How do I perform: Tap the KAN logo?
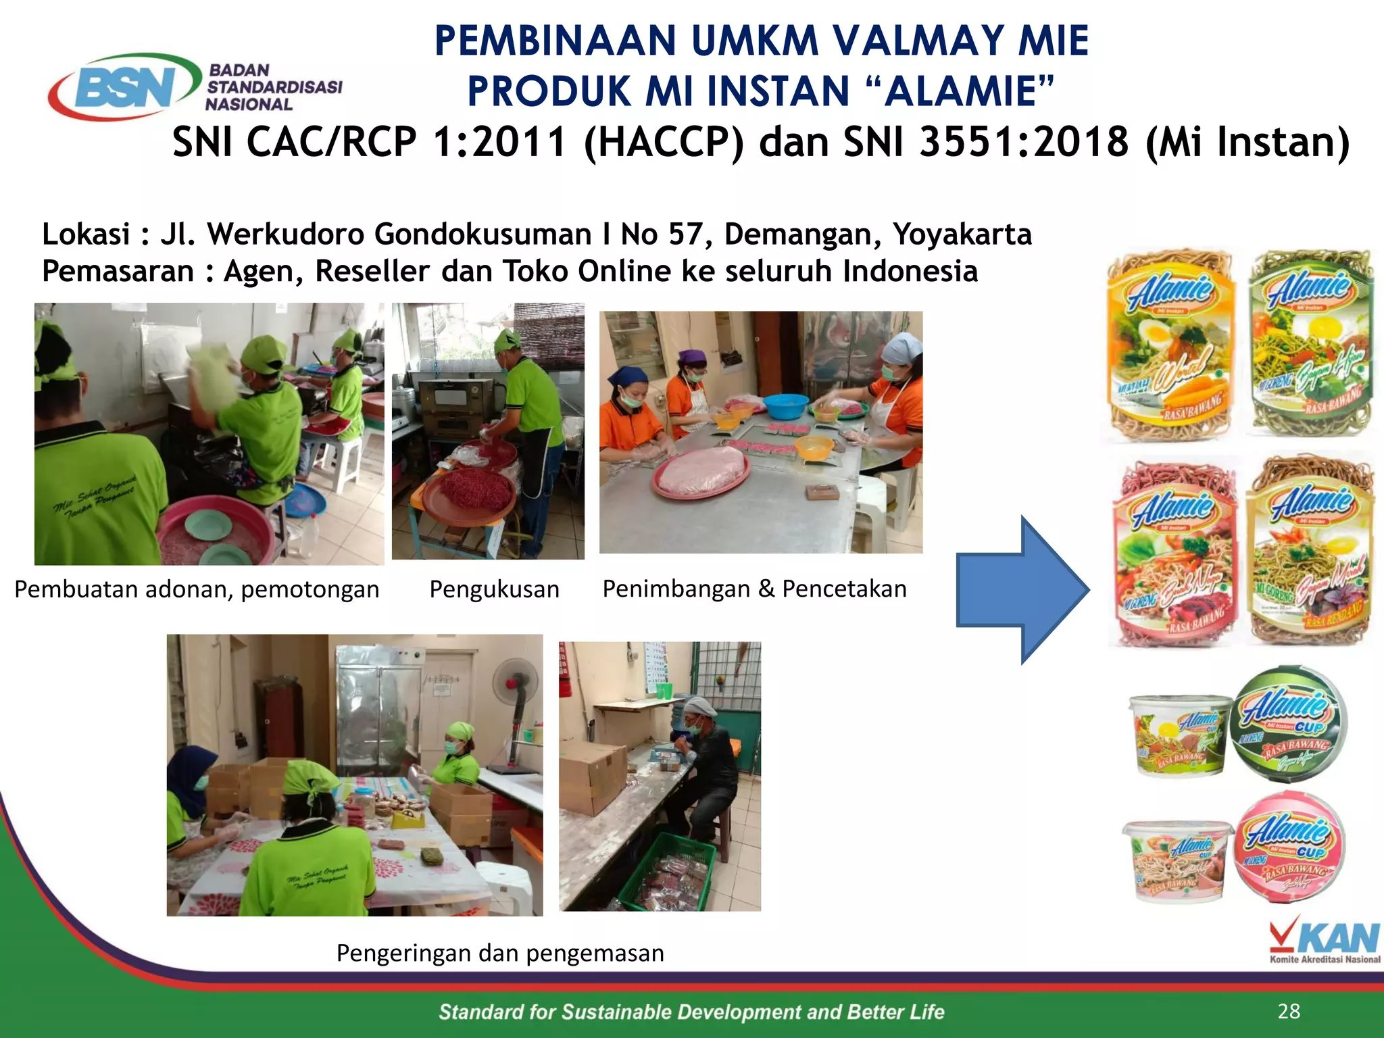coord(1325,940)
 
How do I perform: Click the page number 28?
coord(1289,1011)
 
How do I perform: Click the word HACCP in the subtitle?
coord(663,142)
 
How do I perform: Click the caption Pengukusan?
coord(494,589)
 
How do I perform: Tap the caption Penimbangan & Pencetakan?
coord(754,589)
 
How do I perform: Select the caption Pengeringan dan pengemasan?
coord(500,953)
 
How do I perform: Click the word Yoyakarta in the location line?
coord(962,234)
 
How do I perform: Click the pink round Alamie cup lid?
coord(1289,849)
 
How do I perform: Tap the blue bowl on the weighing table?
coord(785,405)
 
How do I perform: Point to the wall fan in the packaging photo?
coord(515,683)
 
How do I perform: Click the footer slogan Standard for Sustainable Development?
coord(691,1012)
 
